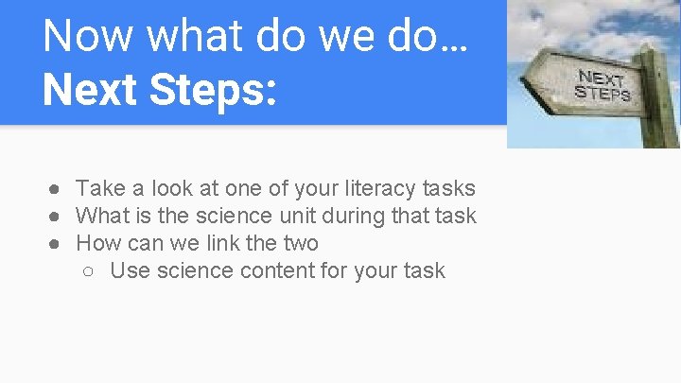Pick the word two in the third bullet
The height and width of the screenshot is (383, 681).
click(x=300, y=243)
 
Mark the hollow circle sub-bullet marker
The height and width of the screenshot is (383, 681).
click(x=89, y=271)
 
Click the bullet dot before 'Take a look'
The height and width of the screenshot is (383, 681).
click(x=56, y=189)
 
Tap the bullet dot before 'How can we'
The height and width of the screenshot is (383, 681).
click(x=56, y=243)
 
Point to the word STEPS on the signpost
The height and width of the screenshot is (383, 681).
click(x=602, y=95)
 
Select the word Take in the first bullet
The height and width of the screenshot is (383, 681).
click(x=98, y=189)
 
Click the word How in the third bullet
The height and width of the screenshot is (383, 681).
click(x=98, y=243)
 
